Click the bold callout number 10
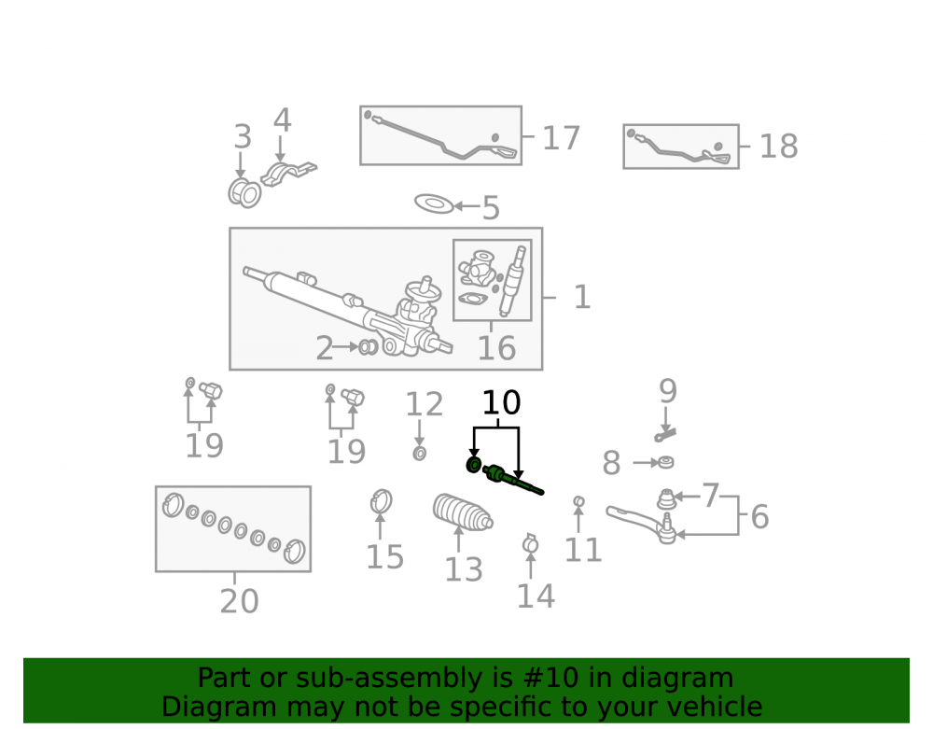click(x=502, y=403)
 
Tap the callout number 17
click(x=561, y=138)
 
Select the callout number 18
click(x=778, y=146)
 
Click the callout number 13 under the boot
click(x=464, y=569)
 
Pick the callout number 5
click(x=491, y=208)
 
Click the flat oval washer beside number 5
click(x=434, y=203)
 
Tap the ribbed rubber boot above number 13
click(x=463, y=512)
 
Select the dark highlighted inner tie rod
click(x=512, y=481)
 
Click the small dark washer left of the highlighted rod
click(x=474, y=464)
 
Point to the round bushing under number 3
click(x=244, y=192)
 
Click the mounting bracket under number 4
click(x=288, y=173)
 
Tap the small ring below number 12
click(x=420, y=454)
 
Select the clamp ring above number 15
click(x=381, y=501)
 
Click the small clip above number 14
click(x=530, y=543)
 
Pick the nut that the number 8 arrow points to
click(x=665, y=462)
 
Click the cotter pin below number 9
click(x=665, y=434)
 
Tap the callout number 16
click(x=496, y=347)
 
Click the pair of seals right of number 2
click(x=369, y=347)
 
